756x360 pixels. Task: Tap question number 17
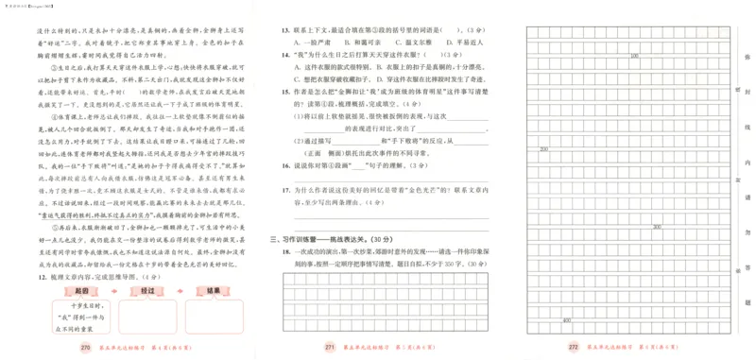283,190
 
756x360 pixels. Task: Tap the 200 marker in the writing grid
543,148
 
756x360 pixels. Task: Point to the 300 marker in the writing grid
657,227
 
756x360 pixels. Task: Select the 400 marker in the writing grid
566,320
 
